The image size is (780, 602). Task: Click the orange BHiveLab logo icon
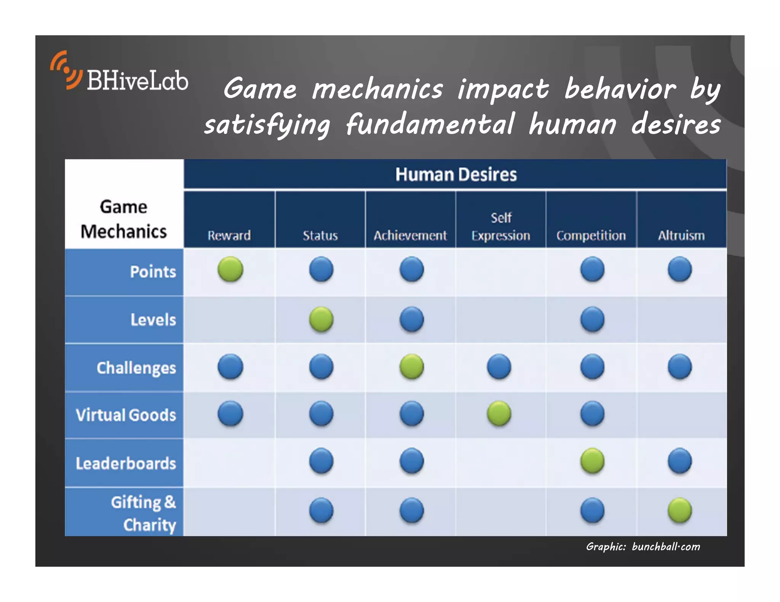pos(66,71)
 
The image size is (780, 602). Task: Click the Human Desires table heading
pos(456,175)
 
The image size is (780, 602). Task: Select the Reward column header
pos(229,236)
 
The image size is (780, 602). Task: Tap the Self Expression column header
pos(501,227)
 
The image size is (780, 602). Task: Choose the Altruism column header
pos(681,236)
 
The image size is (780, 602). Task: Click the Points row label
pos(153,272)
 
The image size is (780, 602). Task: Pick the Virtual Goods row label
pos(126,415)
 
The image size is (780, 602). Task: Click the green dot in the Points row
pos(230,269)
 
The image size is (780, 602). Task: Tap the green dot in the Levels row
pos(321,319)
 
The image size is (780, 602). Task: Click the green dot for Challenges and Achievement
pos(411,367)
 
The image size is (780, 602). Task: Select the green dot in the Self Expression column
pos(499,413)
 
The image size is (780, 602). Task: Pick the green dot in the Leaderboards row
pos(592,461)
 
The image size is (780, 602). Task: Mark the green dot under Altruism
pos(680,510)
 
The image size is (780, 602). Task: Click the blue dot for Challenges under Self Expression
pos(499,367)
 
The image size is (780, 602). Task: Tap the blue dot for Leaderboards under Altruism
pos(680,461)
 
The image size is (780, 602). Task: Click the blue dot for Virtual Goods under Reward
pos(230,413)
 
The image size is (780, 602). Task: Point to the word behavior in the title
pos(620,89)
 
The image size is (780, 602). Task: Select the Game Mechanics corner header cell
pos(124,219)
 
